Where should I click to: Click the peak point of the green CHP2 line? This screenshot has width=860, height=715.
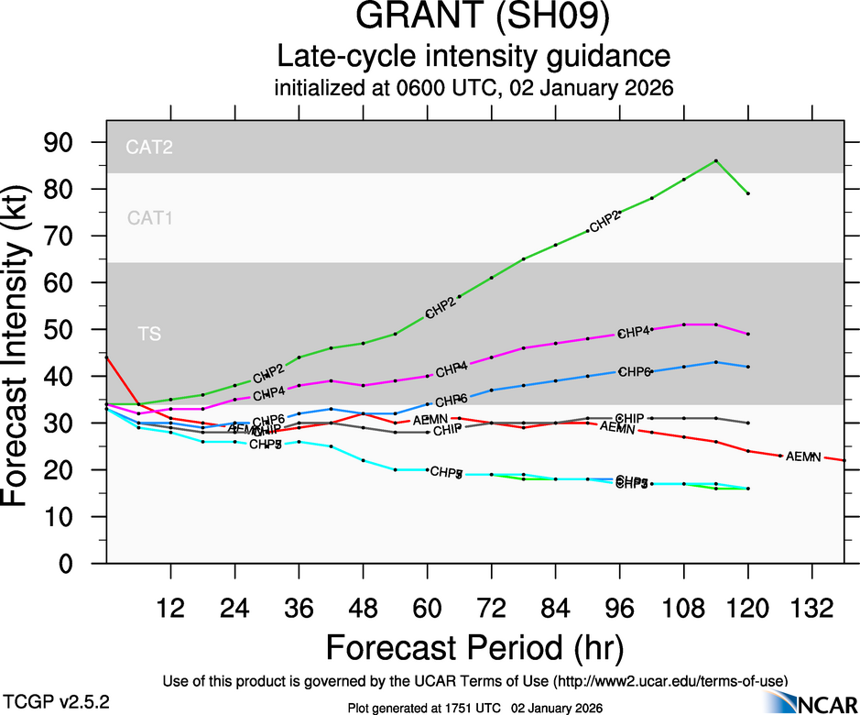pyautogui.click(x=715, y=160)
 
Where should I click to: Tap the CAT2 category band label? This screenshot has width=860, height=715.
pyautogui.click(x=150, y=147)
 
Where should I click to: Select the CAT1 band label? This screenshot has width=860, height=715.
pyautogui.click(x=150, y=218)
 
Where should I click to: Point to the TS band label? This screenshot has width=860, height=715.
pyautogui.click(x=150, y=335)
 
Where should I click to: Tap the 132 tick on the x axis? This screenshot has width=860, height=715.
pyautogui.click(x=811, y=610)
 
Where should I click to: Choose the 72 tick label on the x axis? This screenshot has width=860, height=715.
pyautogui.click(x=491, y=610)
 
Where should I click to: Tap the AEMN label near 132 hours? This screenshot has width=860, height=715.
pyautogui.click(x=803, y=456)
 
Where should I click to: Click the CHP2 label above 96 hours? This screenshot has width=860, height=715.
pyautogui.click(x=605, y=220)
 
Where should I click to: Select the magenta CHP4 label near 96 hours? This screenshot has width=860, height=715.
pyautogui.click(x=634, y=332)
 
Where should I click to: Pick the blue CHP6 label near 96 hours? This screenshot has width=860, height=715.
pyautogui.click(x=635, y=371)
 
